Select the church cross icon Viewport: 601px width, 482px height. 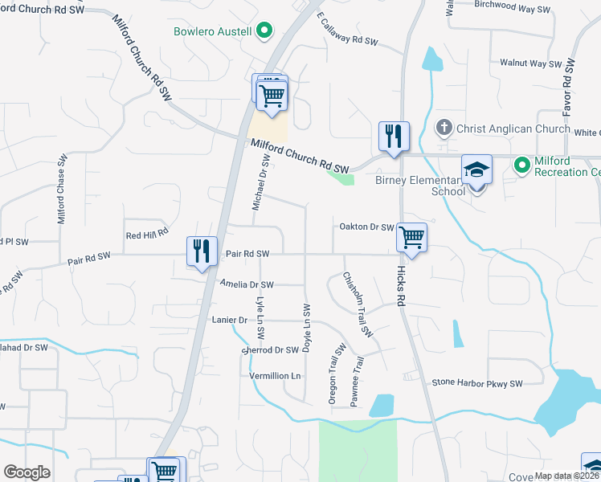point(444,128)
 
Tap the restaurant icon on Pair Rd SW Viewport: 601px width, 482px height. point(202,251)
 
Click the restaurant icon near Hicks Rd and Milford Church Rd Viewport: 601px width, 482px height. point(394,137)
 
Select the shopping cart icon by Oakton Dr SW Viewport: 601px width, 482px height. point(411,238)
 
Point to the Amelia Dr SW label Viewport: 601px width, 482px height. point(247,284)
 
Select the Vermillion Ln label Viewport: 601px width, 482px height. point(274,376)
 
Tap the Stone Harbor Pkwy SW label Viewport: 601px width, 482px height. point(477,383)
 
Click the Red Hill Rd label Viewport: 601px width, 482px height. point(147,234)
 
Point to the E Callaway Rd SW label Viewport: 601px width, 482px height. point(347,29)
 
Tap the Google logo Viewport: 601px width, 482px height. point(27,472)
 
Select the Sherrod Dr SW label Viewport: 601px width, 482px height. point(269,349)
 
